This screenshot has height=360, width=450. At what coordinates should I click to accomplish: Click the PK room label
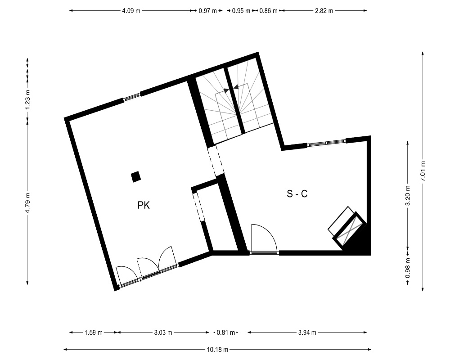click(x=144, y=205)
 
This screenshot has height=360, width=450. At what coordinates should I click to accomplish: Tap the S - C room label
click(x=297, y=194)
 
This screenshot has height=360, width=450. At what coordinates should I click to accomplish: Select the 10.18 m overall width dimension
click(x=217, y=350)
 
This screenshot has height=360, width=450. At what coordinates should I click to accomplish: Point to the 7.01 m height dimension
click(x=423, y=171)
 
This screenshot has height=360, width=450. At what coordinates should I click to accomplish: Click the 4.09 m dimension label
click(x=131, y=11)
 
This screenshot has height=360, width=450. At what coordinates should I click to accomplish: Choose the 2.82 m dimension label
click(x=324, y=11)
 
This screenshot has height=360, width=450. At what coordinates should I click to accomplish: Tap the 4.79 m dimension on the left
click(x=27, y=202)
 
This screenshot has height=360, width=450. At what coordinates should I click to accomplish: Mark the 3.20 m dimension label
click(x=408, y=196)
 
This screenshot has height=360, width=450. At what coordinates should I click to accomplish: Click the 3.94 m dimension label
click(x=307, y=333)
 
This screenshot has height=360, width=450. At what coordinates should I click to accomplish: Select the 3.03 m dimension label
click(x=163, y=333)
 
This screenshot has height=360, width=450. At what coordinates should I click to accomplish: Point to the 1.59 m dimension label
click(x=94, y=333)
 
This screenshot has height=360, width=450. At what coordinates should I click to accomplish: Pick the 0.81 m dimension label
click(x=226, y=333)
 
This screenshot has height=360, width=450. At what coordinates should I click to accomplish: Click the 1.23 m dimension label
click(x=27, y=99)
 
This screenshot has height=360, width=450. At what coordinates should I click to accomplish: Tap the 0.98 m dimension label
click(x=408, y=268)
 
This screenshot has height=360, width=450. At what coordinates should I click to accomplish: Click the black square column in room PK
click(x=136, y=177)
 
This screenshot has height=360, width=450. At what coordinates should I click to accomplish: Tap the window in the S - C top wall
click(x=326, y=143)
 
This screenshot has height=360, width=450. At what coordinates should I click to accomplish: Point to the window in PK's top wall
click(x=132, y=97)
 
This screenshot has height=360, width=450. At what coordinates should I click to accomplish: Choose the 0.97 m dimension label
click(x=208, y=11)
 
